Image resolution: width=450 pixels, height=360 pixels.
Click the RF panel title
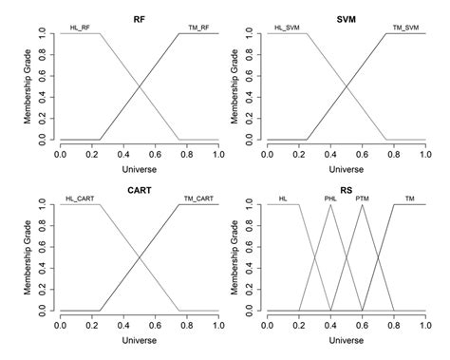139,17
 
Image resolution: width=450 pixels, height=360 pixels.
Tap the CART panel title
139,189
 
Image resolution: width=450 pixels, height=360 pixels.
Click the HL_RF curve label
81,28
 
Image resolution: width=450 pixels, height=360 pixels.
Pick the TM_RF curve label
199,28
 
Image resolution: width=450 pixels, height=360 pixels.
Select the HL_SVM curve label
288,28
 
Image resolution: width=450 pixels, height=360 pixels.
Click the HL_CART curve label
79,199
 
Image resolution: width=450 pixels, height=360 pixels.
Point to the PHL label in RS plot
329,199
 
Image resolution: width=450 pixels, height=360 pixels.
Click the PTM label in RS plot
362,199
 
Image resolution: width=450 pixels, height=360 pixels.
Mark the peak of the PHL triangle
330,205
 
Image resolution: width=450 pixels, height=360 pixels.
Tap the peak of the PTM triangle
362,205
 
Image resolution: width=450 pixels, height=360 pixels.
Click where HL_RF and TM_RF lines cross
139,86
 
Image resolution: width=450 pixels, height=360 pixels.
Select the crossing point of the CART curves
139,257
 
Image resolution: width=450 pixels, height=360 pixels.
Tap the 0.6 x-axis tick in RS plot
362,324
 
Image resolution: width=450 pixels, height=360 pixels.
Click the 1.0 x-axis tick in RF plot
217,153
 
